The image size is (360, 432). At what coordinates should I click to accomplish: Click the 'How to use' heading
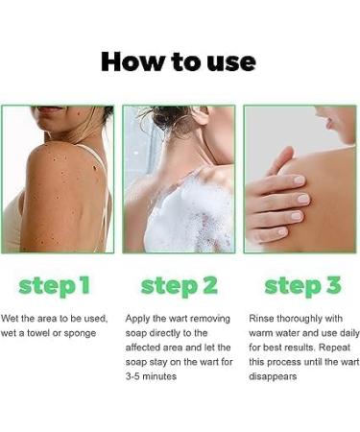(179, 62)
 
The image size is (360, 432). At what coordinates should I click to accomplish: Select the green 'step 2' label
(180, 285)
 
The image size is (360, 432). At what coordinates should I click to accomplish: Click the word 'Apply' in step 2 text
(139, 318)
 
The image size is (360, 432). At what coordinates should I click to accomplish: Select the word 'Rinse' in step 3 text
(262, 318)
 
